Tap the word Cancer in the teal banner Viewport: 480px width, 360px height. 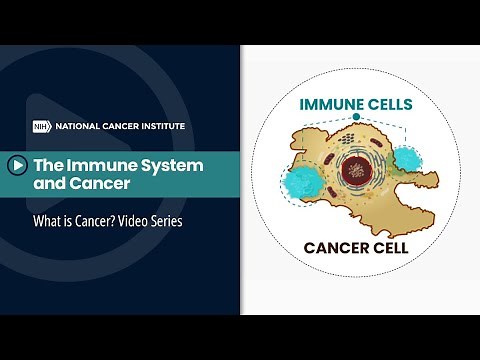[x=106, y=184]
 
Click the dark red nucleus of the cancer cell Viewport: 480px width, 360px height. [x=354, y=168]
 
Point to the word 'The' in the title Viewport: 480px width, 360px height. [x=51, y=164]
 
